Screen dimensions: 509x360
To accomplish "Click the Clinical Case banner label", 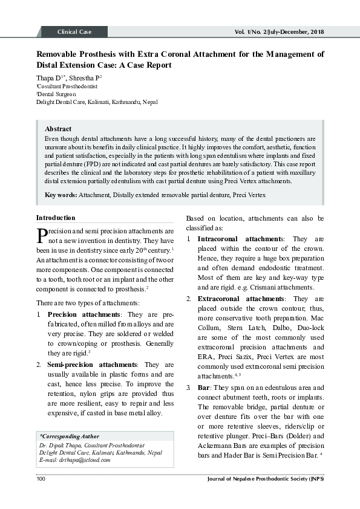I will click(x=74, y=31).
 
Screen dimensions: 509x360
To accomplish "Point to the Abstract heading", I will click(x=58, y=129).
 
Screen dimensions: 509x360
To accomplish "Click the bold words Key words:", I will click(x=61, y=195).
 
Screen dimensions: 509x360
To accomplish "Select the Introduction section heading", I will click(x=56, y=218).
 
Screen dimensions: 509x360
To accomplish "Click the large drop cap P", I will click(x=42, y=235).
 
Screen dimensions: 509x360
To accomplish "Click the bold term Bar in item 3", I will click(x=203, y=387).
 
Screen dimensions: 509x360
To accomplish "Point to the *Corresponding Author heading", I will click(x=70, y=436).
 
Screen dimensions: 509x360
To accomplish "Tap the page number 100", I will click(x=41, y=479).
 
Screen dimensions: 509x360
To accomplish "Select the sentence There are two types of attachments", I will click(x=88, y=302).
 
